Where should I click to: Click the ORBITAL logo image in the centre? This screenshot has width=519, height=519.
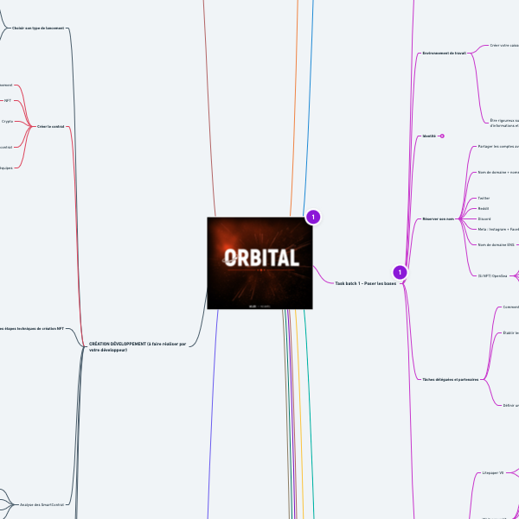click(259, 263)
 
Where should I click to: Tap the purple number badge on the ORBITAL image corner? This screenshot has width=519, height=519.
click(313, 217)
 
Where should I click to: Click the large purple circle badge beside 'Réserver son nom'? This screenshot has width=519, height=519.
click(400, 272)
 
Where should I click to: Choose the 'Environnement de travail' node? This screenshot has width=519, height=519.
click(444, 53)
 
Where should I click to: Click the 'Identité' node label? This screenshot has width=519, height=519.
click(428, 136)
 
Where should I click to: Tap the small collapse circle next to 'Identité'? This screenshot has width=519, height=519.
click(442, 136)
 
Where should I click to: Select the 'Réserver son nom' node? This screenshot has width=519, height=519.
click(439, 218)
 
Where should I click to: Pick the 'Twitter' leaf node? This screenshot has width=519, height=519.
click(484, 198)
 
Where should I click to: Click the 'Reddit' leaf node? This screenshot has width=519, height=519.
click(484, 208)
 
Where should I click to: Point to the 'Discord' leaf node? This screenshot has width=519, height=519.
click(484, 218)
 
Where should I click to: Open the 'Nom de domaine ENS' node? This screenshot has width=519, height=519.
click(497, 245)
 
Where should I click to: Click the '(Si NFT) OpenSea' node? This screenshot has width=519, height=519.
click(492, 275)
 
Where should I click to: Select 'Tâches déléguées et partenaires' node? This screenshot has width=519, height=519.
click(450, 379)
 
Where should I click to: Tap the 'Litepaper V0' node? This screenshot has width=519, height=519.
click(491, 472)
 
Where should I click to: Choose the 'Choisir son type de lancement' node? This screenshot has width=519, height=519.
click(38, 28)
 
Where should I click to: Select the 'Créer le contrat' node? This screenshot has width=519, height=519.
click(51, 127)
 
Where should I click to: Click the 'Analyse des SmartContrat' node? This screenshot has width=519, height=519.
click(42, 503)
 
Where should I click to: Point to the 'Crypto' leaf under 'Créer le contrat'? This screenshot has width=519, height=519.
click(7, 122)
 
